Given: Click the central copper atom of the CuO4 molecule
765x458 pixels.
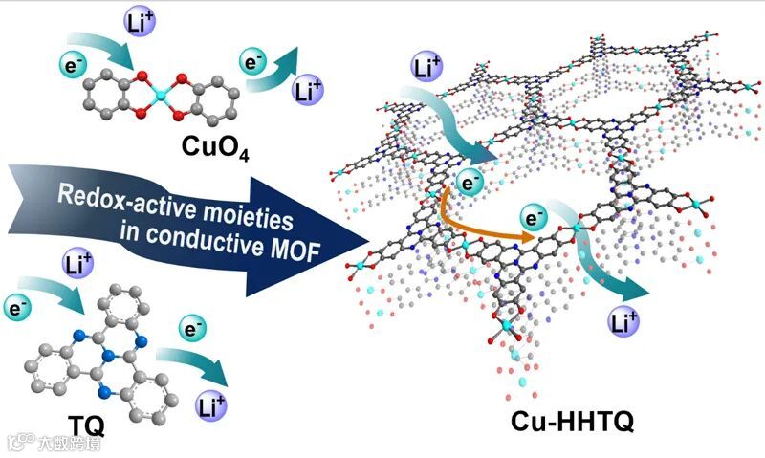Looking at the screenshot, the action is pyautogui.click(x=158, y=98).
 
